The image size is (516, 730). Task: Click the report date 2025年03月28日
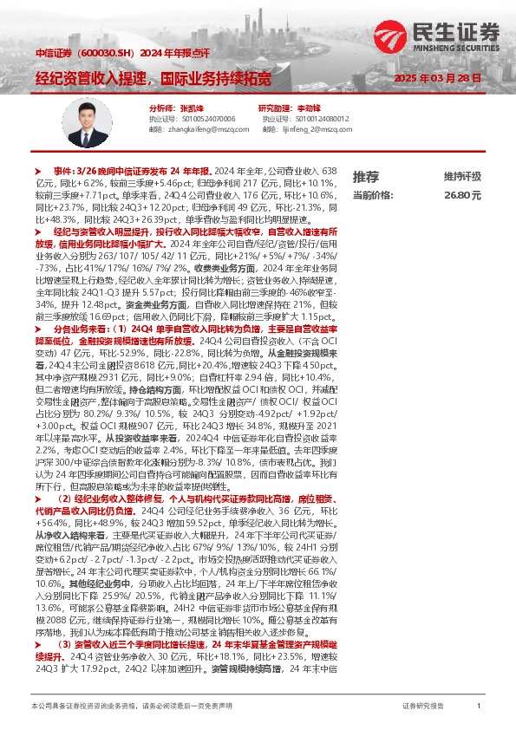(437, 78)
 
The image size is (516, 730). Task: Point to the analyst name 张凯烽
(179, 107)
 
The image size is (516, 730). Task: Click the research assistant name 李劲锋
(309, 107)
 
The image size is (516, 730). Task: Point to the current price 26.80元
(462, 196)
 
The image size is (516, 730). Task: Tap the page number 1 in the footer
(479, 707)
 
